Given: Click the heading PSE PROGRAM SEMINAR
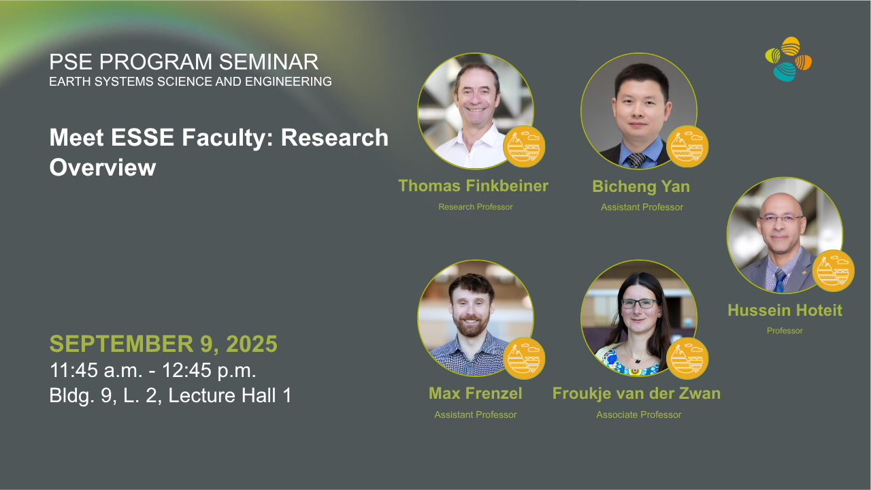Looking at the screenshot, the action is point(184,62).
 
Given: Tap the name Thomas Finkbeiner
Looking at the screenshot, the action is point(473,186).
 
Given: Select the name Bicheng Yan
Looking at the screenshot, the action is point(641,186).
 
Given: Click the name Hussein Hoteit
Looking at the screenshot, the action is point(785,310).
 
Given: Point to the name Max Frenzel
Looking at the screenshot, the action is point(475,393).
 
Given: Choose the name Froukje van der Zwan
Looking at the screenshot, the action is point(636,393).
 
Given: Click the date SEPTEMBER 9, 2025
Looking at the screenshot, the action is point(163,344).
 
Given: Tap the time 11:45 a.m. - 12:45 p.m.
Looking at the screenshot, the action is point(153,370).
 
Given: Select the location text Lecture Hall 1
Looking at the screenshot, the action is point(230,395).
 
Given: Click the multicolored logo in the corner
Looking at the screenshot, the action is point(788,59).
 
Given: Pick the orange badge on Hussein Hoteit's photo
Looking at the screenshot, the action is point(833,271).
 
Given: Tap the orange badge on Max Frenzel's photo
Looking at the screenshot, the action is point(524,359).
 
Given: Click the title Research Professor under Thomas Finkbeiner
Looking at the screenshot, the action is point(476,207).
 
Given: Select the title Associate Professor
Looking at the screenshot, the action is point(639,414).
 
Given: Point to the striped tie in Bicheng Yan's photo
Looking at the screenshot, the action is point(636,160).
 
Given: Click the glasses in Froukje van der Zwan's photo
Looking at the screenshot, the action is point(640,304).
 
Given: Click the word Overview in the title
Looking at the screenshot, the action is point(103,167).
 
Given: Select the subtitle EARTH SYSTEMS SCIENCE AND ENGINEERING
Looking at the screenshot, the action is point(191,82).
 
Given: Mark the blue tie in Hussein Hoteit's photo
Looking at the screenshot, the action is point(780,280).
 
